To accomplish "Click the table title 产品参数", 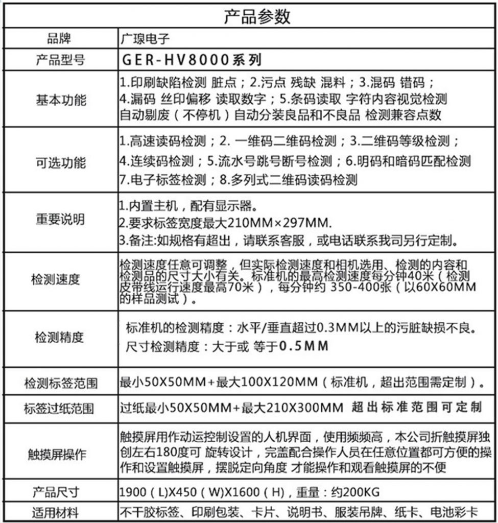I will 257,17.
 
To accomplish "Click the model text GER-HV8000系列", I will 192,60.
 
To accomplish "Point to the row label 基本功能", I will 60,99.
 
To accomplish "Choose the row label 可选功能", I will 60,163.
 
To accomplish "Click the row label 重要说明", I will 60,220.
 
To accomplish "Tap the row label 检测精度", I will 59,337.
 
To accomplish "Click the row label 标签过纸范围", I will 59,409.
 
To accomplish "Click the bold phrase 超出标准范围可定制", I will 417,407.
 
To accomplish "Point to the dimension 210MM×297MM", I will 276,223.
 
